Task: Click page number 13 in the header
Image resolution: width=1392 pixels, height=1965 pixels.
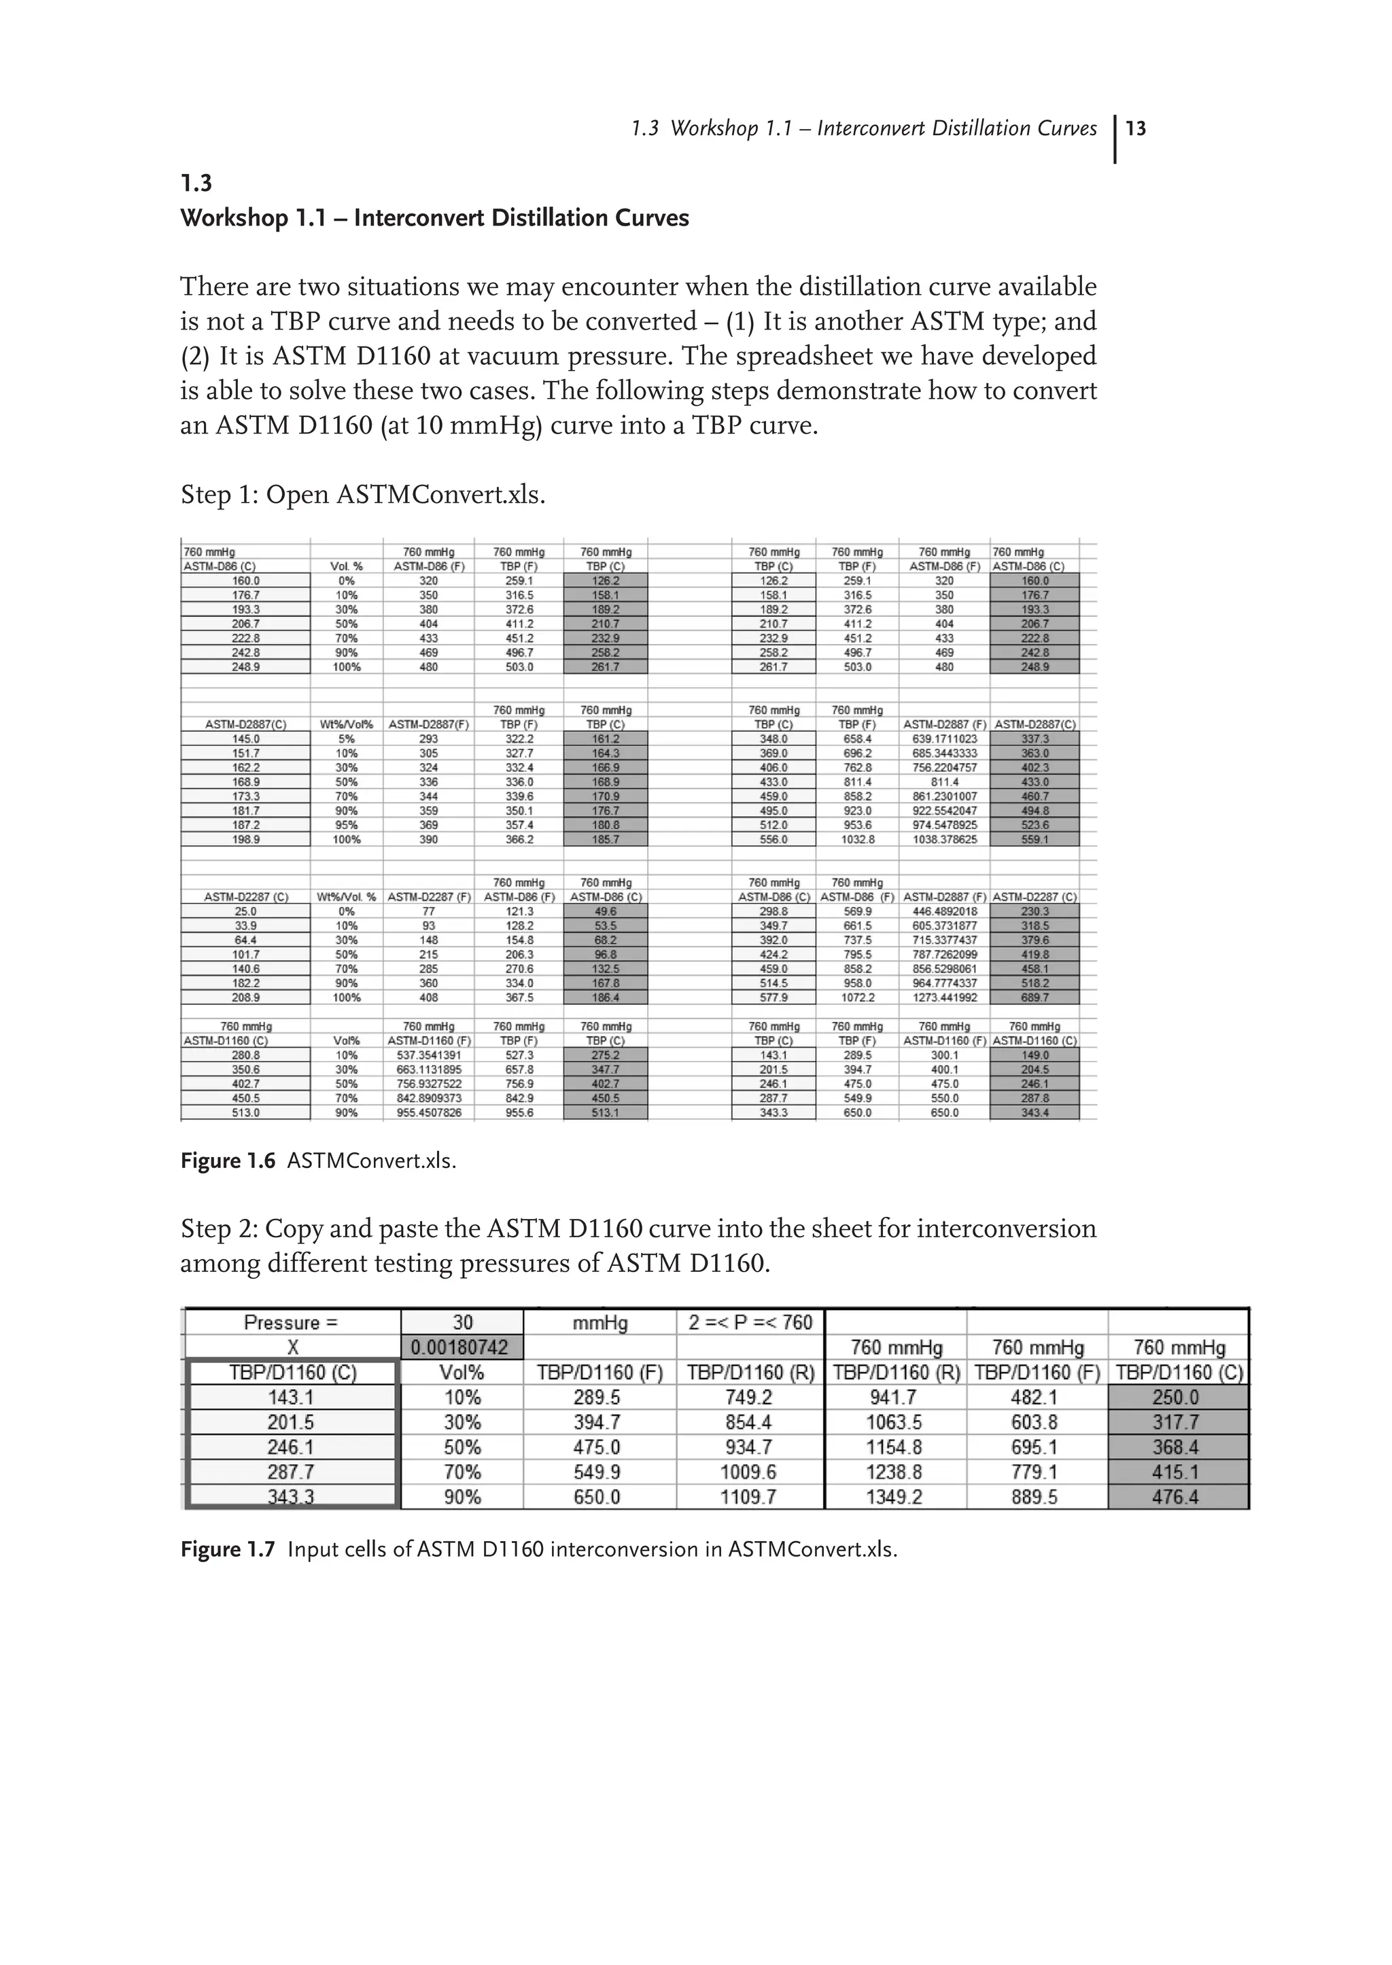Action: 1136,128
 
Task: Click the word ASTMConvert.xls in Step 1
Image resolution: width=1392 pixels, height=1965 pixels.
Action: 440,495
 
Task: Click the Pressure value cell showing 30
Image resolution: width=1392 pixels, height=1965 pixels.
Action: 462,1322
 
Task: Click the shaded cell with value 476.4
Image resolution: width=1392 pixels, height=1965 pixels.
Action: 1178,1497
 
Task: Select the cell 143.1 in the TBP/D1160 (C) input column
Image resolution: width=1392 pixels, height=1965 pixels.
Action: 292,1398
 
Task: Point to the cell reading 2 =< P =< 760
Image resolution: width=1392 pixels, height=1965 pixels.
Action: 750,1322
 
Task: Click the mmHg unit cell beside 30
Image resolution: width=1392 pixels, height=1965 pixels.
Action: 599,1323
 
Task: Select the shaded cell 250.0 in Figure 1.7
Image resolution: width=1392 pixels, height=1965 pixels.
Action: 1178,1398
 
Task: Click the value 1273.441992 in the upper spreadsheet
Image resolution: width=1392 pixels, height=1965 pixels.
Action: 945,997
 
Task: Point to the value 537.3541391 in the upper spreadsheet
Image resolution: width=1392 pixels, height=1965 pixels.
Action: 429,1055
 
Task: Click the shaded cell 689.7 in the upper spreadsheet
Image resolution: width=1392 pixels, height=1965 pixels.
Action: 1034,997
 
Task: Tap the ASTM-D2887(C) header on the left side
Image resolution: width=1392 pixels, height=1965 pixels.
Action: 245,724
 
